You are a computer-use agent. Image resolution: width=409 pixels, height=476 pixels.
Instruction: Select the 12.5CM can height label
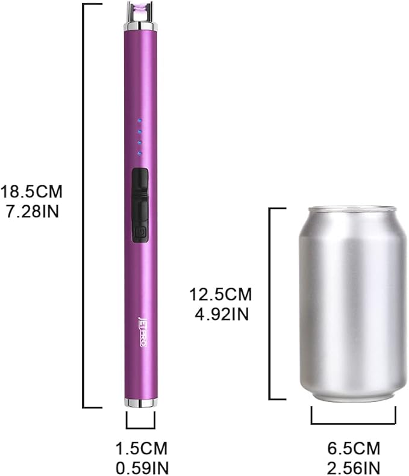pyautogui.click(x=220, y=295)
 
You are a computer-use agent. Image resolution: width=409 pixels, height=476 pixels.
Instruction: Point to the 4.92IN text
pyautogui.click(x=220, y=314)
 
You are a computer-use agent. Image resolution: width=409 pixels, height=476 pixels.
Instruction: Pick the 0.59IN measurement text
pyautogui.click(x=141, y=467)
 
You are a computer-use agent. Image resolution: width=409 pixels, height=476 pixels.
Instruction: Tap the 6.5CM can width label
pyautogui.click(x=353, y=449)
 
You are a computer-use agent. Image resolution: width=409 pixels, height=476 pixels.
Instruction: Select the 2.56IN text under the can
pyautogui.click(x=353, y=467)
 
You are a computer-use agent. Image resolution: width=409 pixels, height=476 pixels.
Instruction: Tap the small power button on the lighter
pyautogui.click(x=139, y=231)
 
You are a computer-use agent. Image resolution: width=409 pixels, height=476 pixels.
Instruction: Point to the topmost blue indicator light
pyautogui.click(x=139, y=119)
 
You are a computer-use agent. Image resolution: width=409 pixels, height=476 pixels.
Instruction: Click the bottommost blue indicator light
pyautogui.click(x=139, y=154)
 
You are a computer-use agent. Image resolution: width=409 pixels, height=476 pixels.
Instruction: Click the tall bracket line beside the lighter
pyautogui.click(x=84, y=205)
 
